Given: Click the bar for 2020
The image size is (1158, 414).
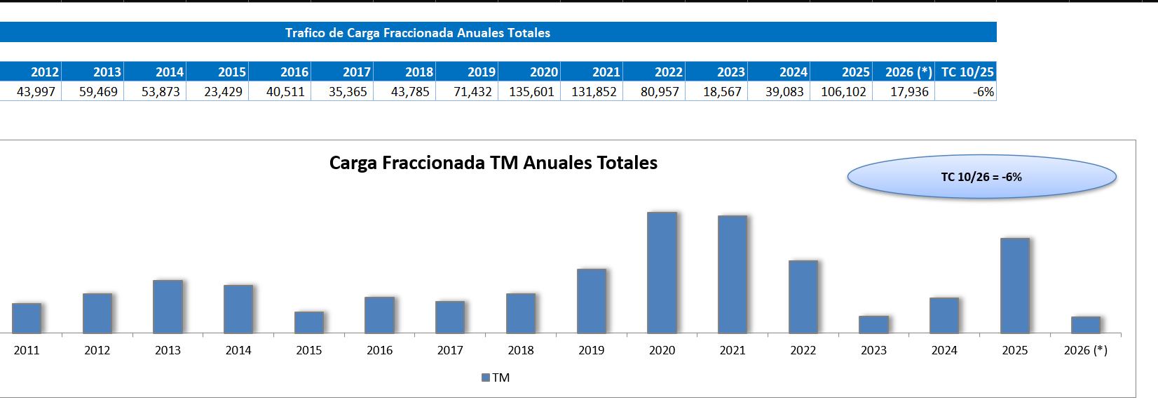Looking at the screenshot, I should (x=662, y=272).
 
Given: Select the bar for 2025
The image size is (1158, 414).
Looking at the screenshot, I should (x=1014, y=286).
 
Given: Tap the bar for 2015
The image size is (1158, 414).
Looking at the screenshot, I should (x=308, y=322).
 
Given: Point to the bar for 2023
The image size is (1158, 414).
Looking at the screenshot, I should (x=873, y=324).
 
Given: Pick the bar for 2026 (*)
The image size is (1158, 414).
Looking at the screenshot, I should (x=1085, y=325).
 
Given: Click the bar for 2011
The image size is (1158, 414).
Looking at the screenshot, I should (x=27, y=318).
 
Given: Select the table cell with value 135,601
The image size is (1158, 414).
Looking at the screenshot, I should (x=531, y=92).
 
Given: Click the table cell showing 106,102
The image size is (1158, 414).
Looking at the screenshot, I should (x=843, y=92).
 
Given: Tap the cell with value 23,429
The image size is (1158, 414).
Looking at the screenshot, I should (x=222, y=92).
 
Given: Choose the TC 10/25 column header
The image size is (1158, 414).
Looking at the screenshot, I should (x=967, y=72).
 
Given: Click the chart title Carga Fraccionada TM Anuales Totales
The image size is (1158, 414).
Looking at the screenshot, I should (x=493, y=163).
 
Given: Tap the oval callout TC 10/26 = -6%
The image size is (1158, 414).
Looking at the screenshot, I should (x=981, y=177).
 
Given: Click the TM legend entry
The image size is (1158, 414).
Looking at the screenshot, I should (x=496, y=378).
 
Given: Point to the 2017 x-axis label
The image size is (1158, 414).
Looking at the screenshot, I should (x=450, y=350).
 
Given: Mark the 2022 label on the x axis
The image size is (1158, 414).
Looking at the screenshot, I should (x=803, y=350).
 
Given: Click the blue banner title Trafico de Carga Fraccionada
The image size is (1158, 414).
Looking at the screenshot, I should (x=417, y=33).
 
